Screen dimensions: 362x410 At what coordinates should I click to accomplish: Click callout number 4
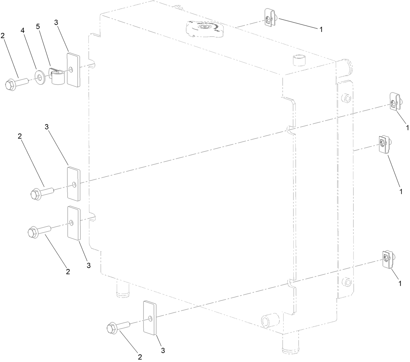pos(22,30)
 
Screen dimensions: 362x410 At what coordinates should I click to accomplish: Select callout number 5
pos(38,26)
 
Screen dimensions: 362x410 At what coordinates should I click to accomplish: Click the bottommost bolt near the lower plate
pos(118,327)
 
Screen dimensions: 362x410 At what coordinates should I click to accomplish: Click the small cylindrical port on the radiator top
pos(299,61)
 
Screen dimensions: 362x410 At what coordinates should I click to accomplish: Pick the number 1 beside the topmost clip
pos(321,29)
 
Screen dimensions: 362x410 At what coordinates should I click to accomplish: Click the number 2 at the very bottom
pos(140,357)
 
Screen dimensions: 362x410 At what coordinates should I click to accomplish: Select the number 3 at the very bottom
pos(163,350)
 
